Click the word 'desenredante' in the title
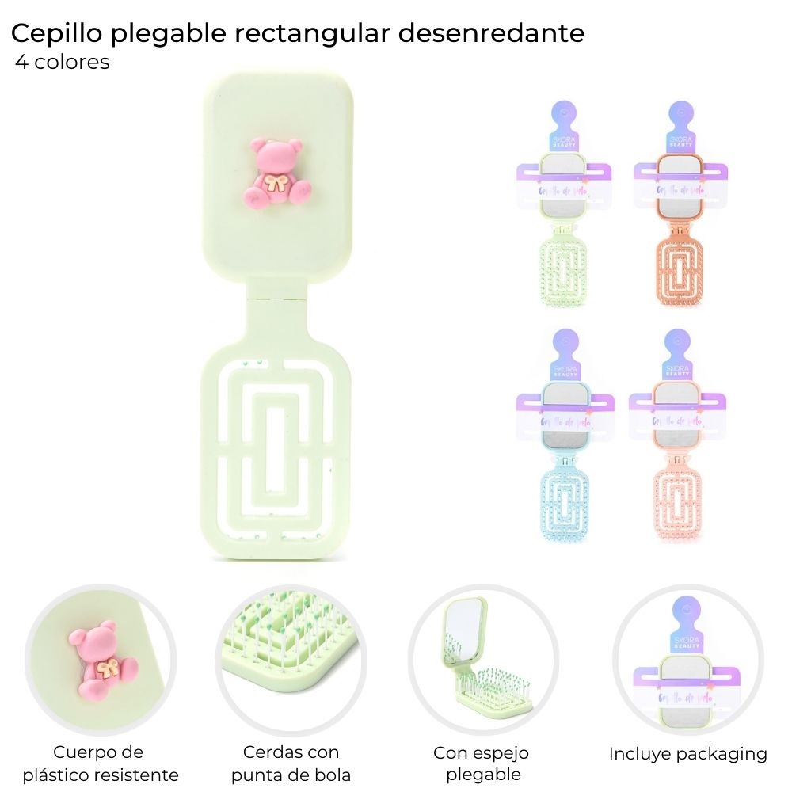[490, 33]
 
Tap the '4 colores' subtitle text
[63, 63]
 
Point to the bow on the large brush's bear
[277, 186]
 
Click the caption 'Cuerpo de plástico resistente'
[101, 763]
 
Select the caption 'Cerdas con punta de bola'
[291, 763]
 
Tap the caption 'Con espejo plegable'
[481, 763]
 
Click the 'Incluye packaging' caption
[687, 754]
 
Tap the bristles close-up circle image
[291, 661]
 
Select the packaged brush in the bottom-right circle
[687, 673]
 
